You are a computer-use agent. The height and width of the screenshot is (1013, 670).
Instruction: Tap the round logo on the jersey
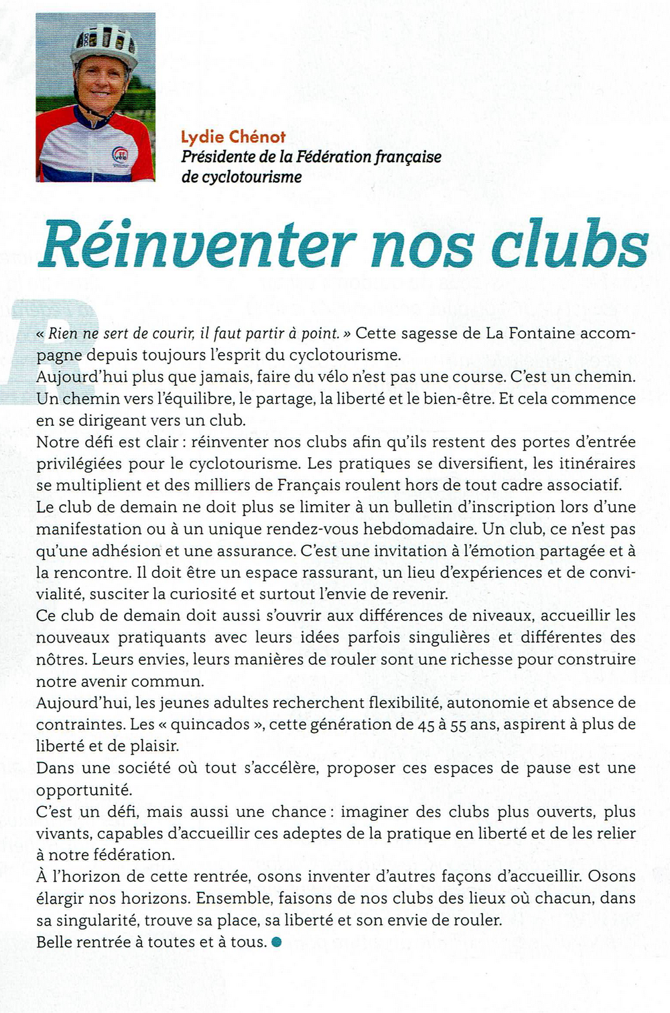click(123, 157)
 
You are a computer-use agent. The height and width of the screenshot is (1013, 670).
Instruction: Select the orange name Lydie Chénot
click(233, 137)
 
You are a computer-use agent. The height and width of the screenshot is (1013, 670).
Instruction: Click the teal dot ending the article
click(277, 942)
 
